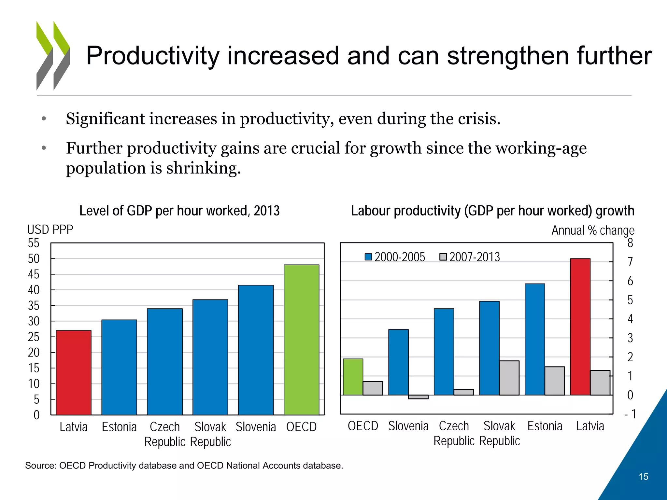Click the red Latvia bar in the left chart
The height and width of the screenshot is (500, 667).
click(x=74, y=372)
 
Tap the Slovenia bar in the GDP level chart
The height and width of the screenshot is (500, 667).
click(x=256, y=350)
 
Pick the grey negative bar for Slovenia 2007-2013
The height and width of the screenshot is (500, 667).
click(x=418, y=397)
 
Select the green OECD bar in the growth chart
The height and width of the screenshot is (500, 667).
click(x=353, y=377)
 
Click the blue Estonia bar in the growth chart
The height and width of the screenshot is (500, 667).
click(x=535, y=339)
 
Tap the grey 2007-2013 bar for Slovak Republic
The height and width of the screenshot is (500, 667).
click(x=509, y=378)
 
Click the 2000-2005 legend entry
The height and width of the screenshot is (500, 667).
click(x=395, y=257)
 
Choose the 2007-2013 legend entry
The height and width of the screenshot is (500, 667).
click(x=470, y=257)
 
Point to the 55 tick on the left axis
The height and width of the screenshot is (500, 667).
click(x=34, y=243)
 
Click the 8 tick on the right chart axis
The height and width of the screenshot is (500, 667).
click(x=630, y=243)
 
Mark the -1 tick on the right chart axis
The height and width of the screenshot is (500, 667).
click(x=631, y=414)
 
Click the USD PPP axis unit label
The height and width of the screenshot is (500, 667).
click(x=50, y=229)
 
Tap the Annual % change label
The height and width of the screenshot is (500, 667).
click(x=593, y=230)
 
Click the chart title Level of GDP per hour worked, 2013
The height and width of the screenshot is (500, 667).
click(x=179, y=211)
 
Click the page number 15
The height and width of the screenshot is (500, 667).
click(x=643, y=477)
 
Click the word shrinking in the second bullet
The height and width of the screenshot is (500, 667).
click(x=203, y=168)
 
